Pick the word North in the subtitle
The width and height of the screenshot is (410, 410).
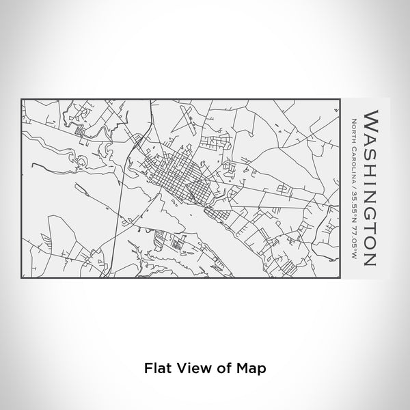[x=352, y=126]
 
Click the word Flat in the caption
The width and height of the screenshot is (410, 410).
[x=155, y=367]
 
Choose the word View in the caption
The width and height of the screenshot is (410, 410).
[x=187, y=367]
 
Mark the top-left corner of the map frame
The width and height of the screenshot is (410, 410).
[x=23, y=100]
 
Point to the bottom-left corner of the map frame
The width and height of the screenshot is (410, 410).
[x=23, y=279]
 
